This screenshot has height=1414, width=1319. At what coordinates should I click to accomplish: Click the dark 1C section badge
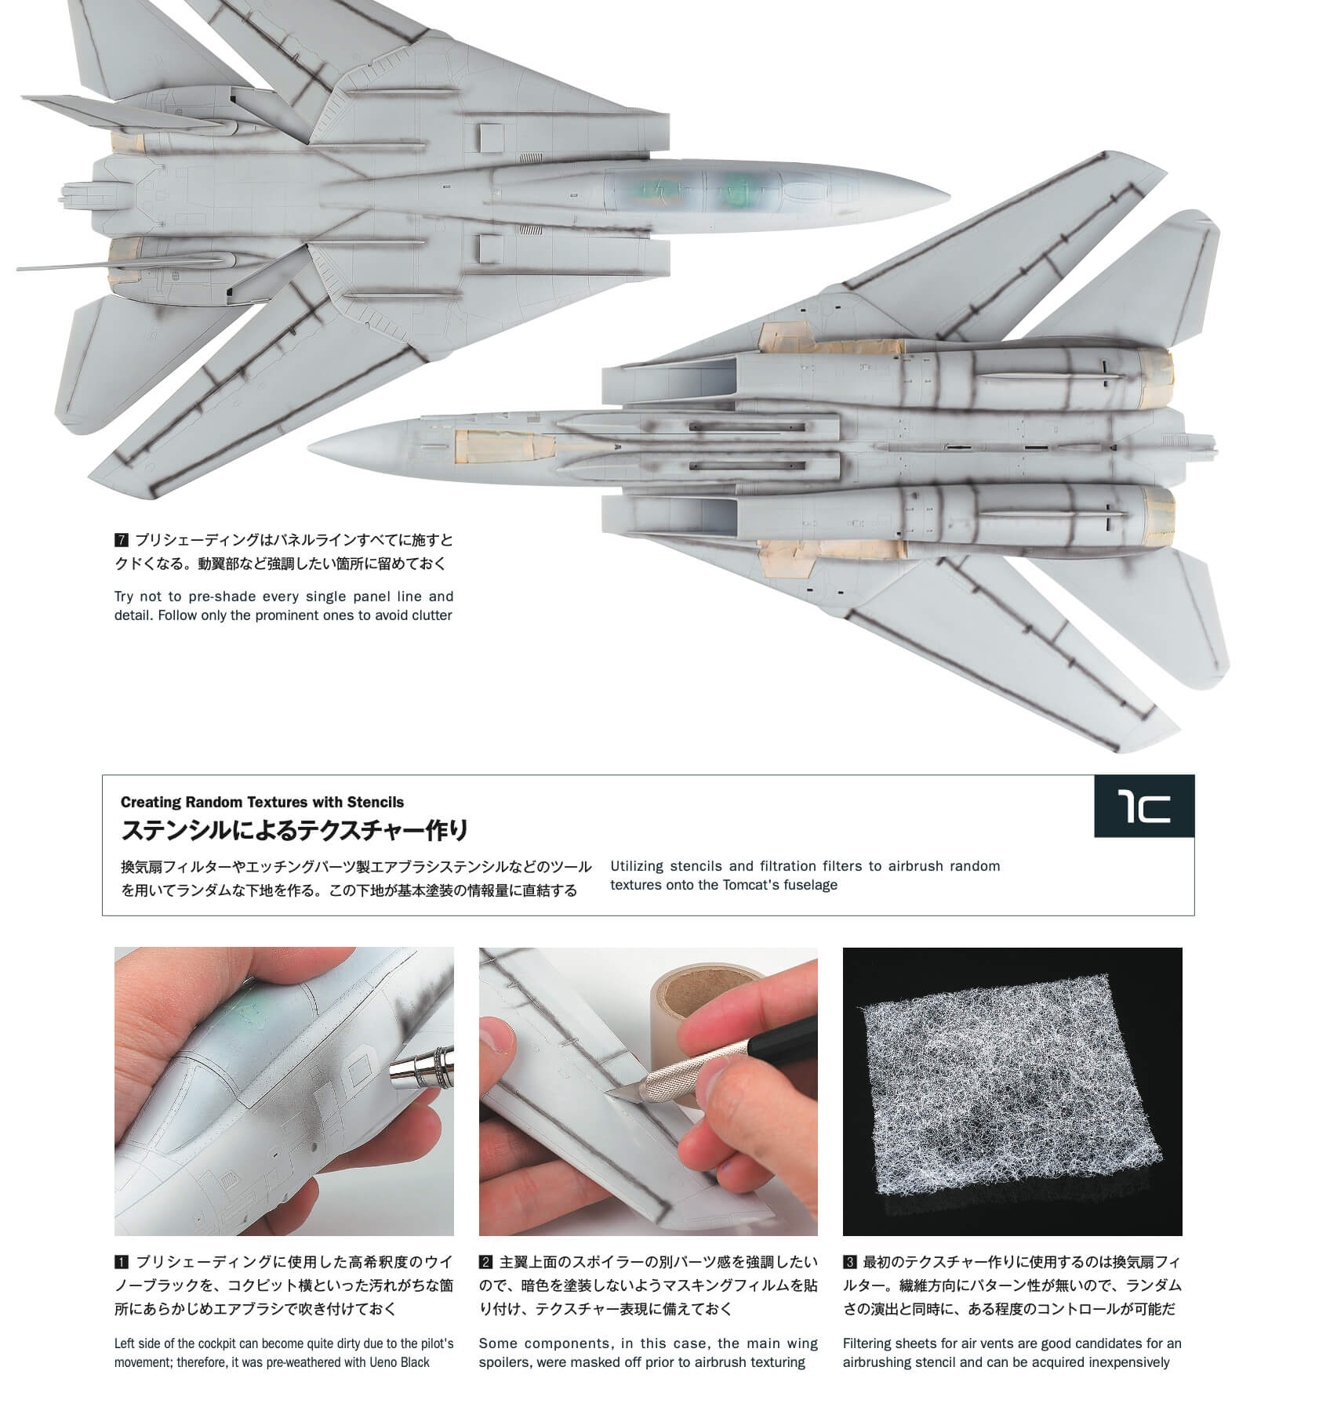(x=1144, y=807)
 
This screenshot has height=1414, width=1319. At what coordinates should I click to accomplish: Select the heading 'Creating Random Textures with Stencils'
(x=262, y=802)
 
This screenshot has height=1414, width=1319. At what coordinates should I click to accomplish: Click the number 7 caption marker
(x=121, y=540)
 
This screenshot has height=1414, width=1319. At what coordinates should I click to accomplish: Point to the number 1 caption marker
(x=121, y=1263)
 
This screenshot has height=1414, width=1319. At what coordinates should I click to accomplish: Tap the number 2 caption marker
(x=485, y=1263)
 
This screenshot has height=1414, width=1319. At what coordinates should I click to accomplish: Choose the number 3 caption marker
(x=849, y=1263)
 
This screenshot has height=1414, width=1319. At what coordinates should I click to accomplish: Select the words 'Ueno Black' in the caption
(x=399, y=1362)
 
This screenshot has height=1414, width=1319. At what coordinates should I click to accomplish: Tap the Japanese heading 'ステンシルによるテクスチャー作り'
(x=294, y=829)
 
